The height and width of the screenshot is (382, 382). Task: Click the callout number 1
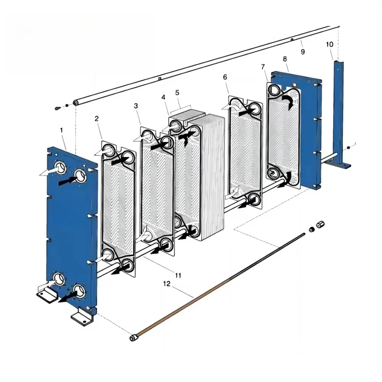coord(62,130)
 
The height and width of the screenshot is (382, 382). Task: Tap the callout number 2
coord(97,119)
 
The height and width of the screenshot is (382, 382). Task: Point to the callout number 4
coord(163,97)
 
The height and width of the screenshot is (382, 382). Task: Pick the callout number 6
coord(225,77)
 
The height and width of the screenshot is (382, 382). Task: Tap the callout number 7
coord(263,66)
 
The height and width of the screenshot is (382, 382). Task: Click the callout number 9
coord(303,52)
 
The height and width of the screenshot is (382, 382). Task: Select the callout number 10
coord(329,44)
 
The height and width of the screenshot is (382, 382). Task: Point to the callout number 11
coord(178,275)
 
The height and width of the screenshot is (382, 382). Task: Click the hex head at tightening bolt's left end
coord(134,338)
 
